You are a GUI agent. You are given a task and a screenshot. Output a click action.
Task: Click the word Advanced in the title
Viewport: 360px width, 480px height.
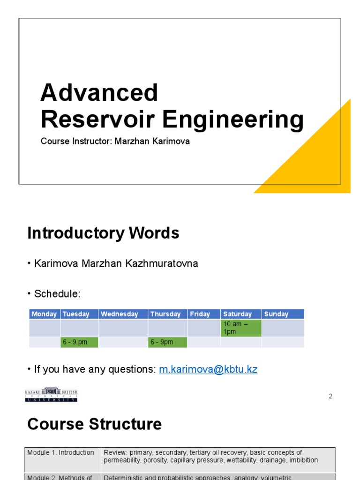99,93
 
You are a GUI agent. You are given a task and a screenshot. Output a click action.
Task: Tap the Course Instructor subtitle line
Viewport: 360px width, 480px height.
115,141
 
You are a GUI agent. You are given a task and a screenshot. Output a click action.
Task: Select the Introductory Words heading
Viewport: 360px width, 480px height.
103,233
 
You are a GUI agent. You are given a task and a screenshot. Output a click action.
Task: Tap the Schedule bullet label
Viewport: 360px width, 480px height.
57,294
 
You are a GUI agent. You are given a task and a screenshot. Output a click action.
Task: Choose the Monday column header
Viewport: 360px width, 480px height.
44,314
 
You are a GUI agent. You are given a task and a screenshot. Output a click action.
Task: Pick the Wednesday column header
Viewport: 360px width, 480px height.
120,314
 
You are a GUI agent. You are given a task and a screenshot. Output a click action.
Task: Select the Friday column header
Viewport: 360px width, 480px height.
200,314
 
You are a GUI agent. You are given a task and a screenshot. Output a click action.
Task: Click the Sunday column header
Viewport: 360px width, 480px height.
276,314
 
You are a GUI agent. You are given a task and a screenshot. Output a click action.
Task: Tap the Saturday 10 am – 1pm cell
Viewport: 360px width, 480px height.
240,328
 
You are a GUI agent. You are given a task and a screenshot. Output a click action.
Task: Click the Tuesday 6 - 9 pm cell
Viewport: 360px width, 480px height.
79,342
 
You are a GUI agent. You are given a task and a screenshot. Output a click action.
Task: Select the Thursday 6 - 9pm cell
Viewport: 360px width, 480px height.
167,342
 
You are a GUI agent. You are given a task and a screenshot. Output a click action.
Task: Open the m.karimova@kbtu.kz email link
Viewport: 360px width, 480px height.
208,369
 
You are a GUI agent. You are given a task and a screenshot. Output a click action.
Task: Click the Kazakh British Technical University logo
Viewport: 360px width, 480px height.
51,394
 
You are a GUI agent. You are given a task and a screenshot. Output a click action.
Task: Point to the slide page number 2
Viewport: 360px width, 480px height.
330,396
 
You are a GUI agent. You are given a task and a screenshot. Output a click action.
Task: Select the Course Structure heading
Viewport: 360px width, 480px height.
94,424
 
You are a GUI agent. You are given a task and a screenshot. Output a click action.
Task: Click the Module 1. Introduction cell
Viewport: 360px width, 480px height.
61,453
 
